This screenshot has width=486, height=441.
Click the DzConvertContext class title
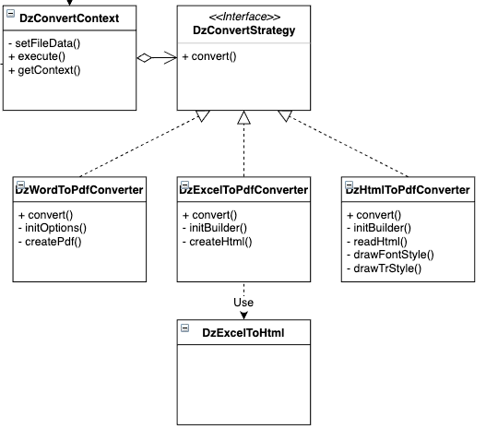pyautogui.click(x=69, y=18)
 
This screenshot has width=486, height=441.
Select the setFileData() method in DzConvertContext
pyautogui.click(x=44, y=43)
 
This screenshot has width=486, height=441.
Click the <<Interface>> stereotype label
pyautogui.click(x=243, y=16)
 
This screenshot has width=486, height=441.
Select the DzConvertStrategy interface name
pyautogui.click(x=243, y=30)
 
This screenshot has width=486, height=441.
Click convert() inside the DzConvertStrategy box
pyautogui.click(x=209, y=56)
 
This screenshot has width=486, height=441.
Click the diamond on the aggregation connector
pyautogui.click(x=144, y=57)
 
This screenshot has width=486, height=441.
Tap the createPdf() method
pyautogui.click(x=50, y=241)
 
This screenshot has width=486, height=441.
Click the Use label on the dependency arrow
pyautogui.click(x=243, y=302)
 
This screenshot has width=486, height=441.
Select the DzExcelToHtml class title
pyautogui.click(x=243, y=332)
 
